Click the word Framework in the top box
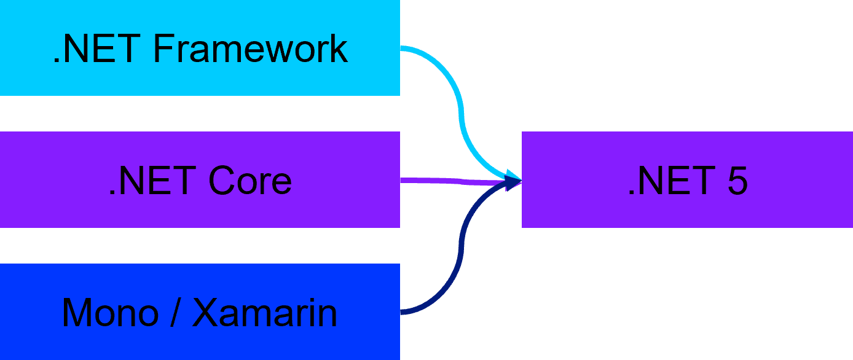click(250, 49)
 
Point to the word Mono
click(108, 313)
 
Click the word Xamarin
click(265, 313)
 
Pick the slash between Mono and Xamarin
click(175, 313)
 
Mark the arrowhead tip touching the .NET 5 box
click(520, 181)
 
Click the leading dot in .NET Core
click(111, 194)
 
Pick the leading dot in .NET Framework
click(57, 61)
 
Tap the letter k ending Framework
click(339, 49)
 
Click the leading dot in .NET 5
click(631, 194)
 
